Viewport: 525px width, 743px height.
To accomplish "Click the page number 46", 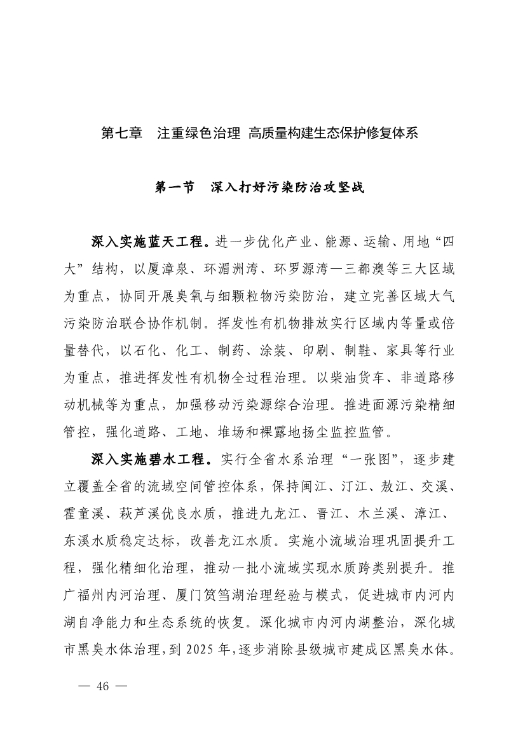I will [x=104, y=686].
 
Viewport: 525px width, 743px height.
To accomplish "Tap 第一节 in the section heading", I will [x=175, y=188].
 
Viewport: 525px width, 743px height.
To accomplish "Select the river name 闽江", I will [x=327, y=486].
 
